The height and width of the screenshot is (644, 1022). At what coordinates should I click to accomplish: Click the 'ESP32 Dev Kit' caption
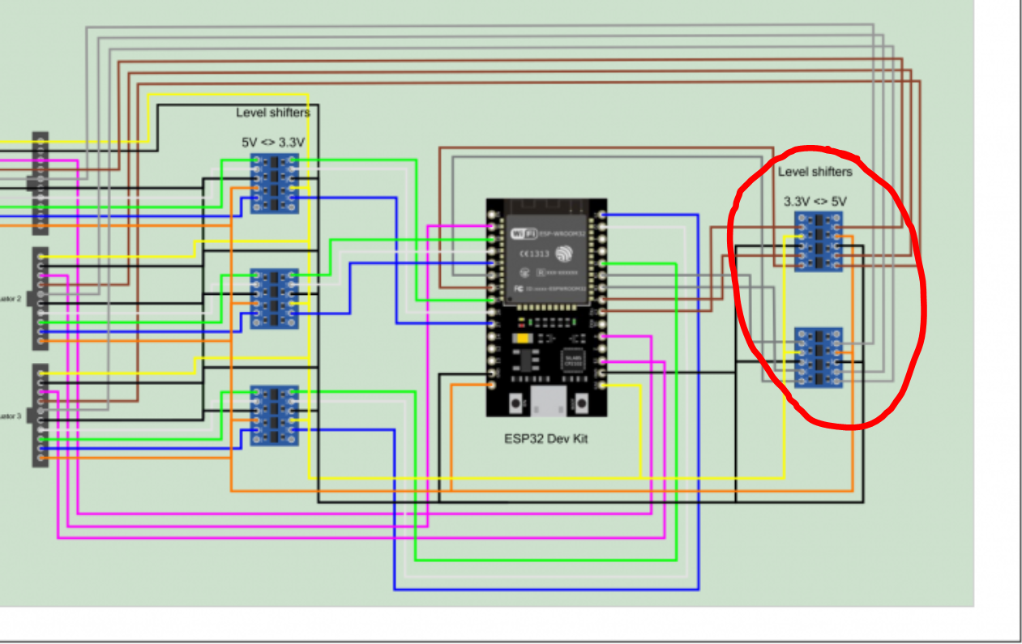545,438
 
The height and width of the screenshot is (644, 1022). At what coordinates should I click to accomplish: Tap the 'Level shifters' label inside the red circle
815,172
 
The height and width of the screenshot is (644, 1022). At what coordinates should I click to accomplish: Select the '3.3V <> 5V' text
817,201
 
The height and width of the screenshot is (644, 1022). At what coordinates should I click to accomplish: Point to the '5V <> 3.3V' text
273,142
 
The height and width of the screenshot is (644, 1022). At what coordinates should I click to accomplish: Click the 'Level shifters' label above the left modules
273,113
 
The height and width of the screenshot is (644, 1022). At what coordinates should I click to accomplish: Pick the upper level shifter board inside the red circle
818,241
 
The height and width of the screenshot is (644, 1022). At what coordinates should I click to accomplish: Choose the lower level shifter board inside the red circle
818,357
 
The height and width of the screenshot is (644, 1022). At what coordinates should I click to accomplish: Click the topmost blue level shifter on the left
274,183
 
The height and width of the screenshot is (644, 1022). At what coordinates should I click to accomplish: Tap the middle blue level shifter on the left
274,299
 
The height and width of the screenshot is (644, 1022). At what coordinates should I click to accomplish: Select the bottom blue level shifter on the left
274,415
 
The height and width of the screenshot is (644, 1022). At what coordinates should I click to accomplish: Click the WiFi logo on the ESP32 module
523,233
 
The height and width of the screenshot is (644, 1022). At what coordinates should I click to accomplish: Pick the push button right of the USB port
580,402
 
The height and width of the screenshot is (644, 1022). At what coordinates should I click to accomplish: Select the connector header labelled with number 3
40,415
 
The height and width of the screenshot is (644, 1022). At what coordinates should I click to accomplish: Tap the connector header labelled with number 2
40,299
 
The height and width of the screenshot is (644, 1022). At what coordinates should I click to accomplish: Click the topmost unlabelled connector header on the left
40,183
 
